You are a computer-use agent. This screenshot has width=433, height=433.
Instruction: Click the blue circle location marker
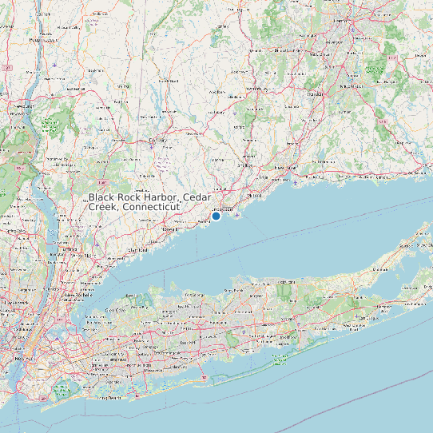pos(216,216)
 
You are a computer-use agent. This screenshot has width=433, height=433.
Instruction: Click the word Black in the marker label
pos(101,197)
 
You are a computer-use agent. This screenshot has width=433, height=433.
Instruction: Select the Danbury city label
pos(157,141)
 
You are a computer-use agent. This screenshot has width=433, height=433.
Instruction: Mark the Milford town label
pos(255,194)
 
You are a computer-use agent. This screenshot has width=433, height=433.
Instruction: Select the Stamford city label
pos(140,250)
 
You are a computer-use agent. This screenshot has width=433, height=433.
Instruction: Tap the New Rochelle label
pos(75,294)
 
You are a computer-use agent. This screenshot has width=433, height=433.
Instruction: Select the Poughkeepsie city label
pos(43,38)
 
